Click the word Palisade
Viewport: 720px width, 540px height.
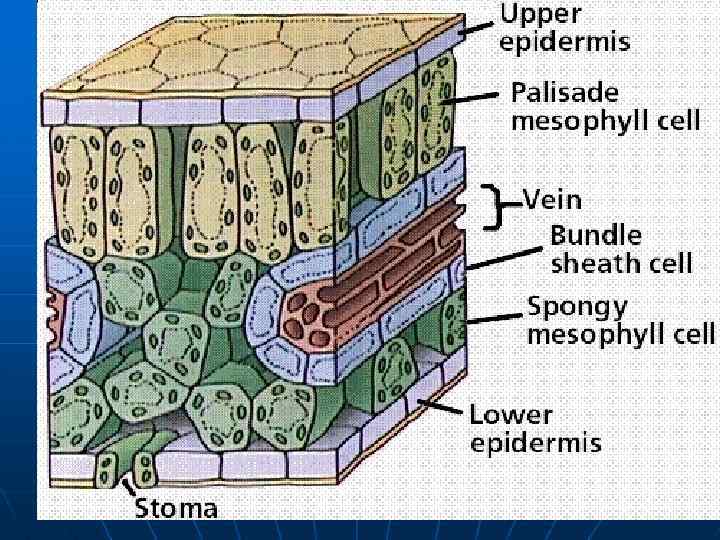coord(564,93)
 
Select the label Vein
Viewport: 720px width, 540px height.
coord(559,199)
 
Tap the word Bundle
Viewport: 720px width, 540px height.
coord(596,236)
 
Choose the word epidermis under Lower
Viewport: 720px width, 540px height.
coord(535,442)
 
